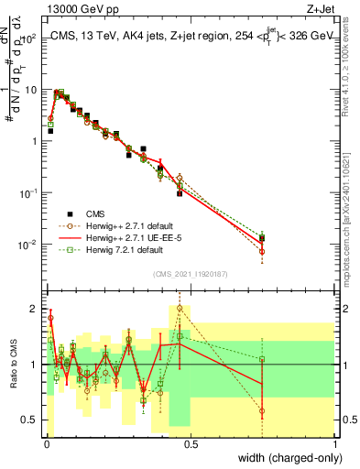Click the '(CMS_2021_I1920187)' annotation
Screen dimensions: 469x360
point(190,272)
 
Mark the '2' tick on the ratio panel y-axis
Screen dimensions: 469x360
point(33,307)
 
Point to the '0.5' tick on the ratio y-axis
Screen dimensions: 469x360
point(29,422)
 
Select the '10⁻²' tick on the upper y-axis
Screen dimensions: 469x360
point(29,244)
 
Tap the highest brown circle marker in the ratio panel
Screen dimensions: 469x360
point(180,308)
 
